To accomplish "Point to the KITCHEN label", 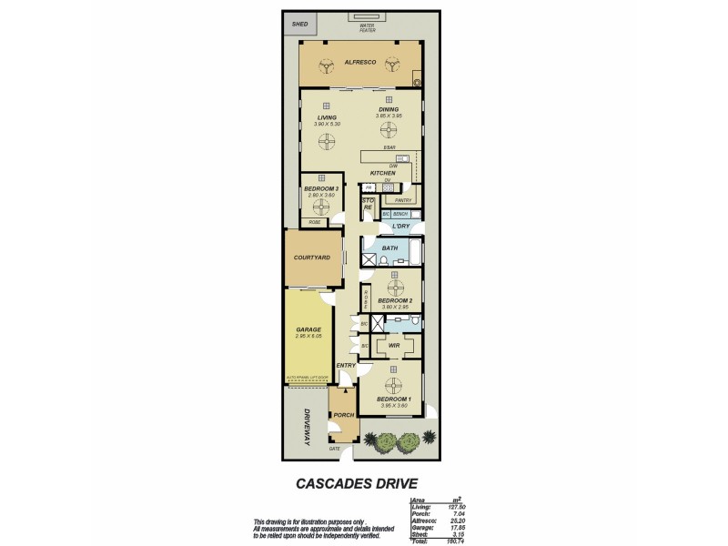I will [381, 172].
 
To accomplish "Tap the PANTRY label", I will [403, 200].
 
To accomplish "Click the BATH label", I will [389, 248].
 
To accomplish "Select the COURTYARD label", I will [311, 258].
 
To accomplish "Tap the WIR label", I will [395, 346].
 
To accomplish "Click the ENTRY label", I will [346, 366].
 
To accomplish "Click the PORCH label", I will [343, 415].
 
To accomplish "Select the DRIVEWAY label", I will [307, 426].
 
